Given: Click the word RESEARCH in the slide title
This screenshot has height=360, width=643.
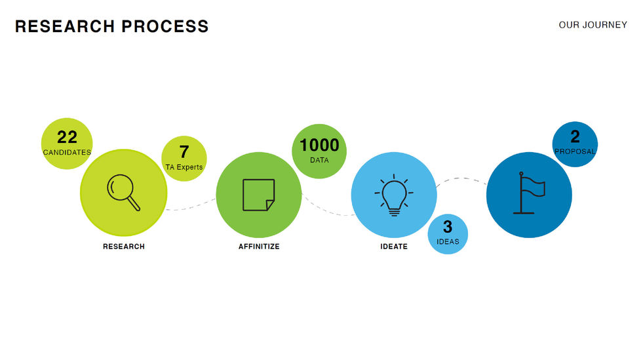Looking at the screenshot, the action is pyautogui.click(x=65, y=26).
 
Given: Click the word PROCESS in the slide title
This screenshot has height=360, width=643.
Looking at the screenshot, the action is pyautogui.click(x=165, y=26).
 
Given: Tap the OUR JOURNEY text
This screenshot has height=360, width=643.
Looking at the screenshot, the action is pyautogui.click(x=593, y=25).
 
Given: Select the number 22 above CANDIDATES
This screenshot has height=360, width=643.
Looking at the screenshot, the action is pyautogui.click(x=68, y=137).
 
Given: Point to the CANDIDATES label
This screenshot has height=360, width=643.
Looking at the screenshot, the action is pyautogui.click(x=67, y=152).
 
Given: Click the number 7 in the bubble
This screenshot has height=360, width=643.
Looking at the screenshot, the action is pyautogui.click(x=184, y=151).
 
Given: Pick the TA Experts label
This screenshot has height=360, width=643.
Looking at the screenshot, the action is pyautogui.click(x=184, y=167).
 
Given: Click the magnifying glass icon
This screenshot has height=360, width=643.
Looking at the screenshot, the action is pyautogui.click(x=123, y=192).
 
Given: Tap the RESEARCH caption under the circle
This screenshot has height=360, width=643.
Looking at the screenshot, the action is pyautogui.click(x=124, y=247).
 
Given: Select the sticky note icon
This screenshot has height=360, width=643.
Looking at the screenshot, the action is pyautogui.click(x=258, y=195).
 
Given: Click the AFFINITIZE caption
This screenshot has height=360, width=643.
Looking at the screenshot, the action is pyautogui.click(x=259, y=247).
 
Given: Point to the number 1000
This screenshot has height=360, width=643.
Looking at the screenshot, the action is pyautogui.click(x=319, y=145).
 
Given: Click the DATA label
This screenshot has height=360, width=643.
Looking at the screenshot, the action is pyautogui.click(x=319, y=160).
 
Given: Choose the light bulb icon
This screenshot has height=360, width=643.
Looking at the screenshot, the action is pyautogui.click(x=394, y=195).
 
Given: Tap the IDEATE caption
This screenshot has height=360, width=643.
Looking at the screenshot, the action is pyautogui.click(x=394, y=247).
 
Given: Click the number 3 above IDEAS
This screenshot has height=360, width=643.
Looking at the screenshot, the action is pyautogui.click(x=448, y=226).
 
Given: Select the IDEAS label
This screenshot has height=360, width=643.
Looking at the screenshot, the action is pyautogui.click(x=448, y=241).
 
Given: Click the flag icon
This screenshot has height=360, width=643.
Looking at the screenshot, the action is pyautogui.click(x=529, y=193).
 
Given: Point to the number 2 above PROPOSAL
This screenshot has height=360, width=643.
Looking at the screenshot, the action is pyautogui.click(x=575, y=136).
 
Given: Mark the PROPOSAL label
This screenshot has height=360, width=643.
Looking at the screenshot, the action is pyautogui.click(x=575, y=151).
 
